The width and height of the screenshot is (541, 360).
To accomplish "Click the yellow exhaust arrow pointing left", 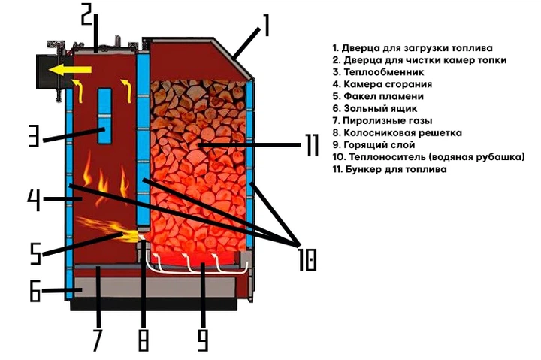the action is tap(70, 70).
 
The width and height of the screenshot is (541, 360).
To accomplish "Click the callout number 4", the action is tap(34, 199).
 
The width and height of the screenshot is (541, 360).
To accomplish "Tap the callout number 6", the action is tap(35, 290).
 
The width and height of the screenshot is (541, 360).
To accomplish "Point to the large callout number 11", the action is tap(313, 145).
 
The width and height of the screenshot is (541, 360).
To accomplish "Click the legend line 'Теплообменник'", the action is tap(378, 72).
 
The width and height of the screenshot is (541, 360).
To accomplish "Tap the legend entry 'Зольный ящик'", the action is tap(375, 108).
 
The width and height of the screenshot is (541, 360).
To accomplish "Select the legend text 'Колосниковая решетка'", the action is tap(397, 132).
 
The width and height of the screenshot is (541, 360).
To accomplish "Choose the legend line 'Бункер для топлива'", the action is tap(389, 169).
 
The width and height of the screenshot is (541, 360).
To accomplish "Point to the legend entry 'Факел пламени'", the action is tap(378, 96).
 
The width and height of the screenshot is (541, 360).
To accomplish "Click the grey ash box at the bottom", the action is tap(156, 287).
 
